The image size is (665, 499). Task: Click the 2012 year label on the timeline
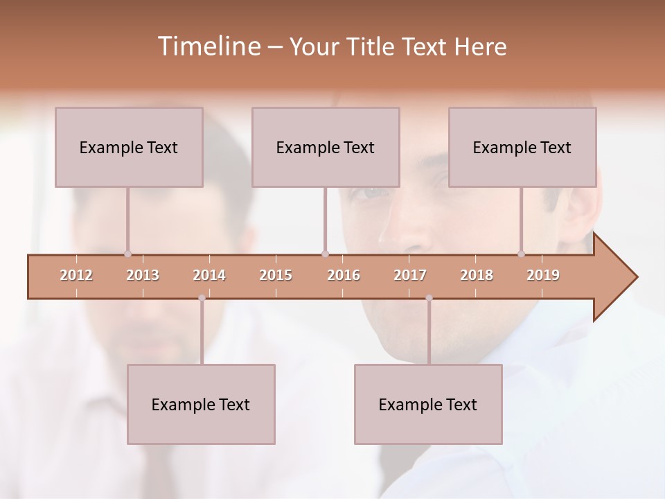coord(76,275)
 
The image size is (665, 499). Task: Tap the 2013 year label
coord(143,275)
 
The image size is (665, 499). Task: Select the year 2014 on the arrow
coord(209,275)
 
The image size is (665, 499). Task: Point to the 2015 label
coord(276,275)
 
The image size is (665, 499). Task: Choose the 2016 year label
coord(344,275)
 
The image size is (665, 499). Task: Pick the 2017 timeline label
coord(410,275)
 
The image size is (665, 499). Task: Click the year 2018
coord(477,275)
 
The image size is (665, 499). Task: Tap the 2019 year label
coord(543,275)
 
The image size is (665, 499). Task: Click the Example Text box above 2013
coord(129,147)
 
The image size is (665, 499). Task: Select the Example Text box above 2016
coord(326,147)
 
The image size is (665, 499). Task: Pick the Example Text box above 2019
coord(522,147)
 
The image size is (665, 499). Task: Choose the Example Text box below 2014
coord(201,404)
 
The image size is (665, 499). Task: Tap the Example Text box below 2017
coord(428,404)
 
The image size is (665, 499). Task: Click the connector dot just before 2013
coord(127,254)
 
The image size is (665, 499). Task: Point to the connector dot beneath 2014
coord(202,298)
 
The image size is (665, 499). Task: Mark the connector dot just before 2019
coord(522,254)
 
